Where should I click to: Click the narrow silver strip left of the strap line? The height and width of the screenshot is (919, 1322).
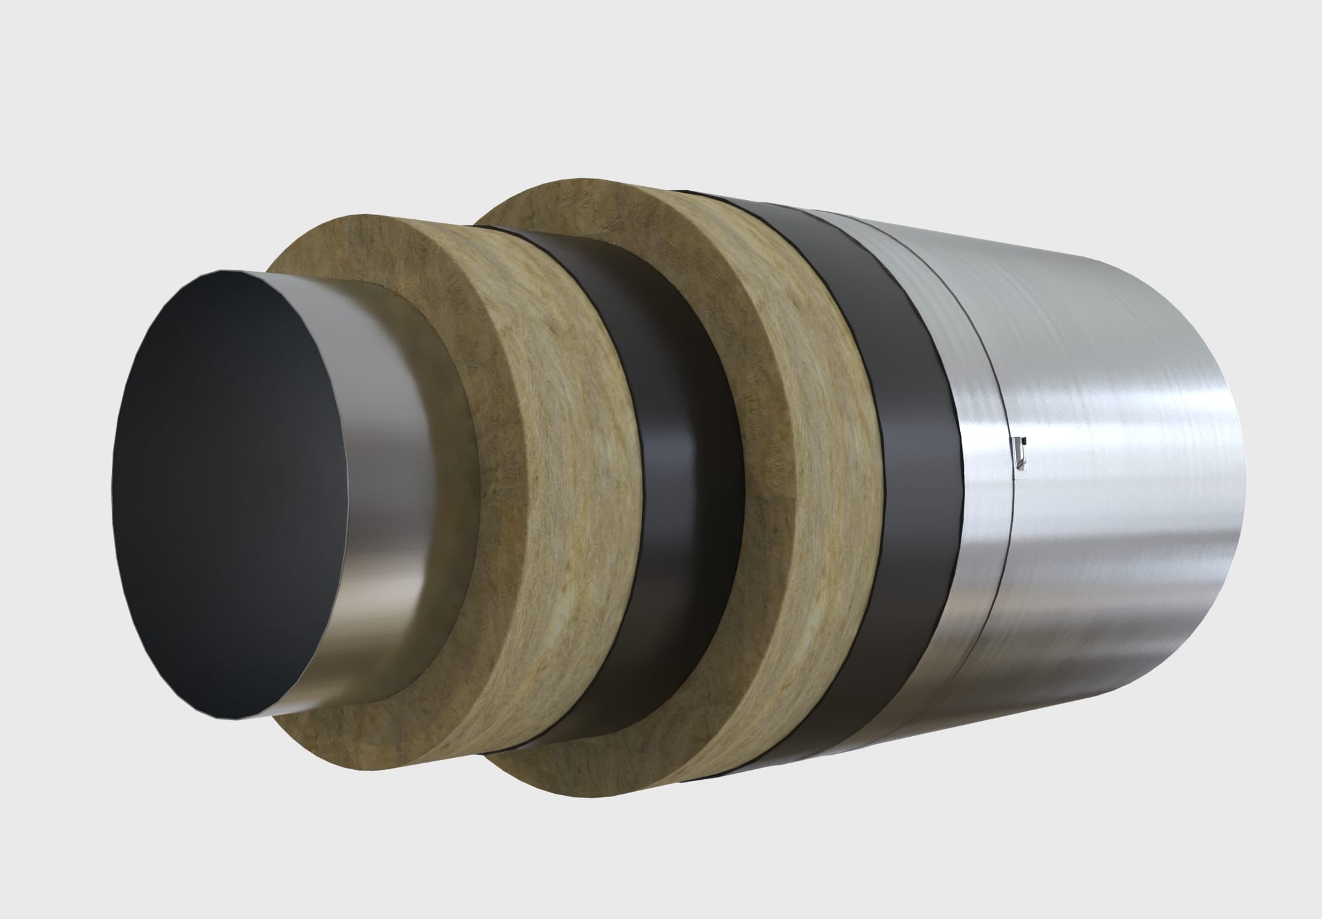click(x=974, y=464)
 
